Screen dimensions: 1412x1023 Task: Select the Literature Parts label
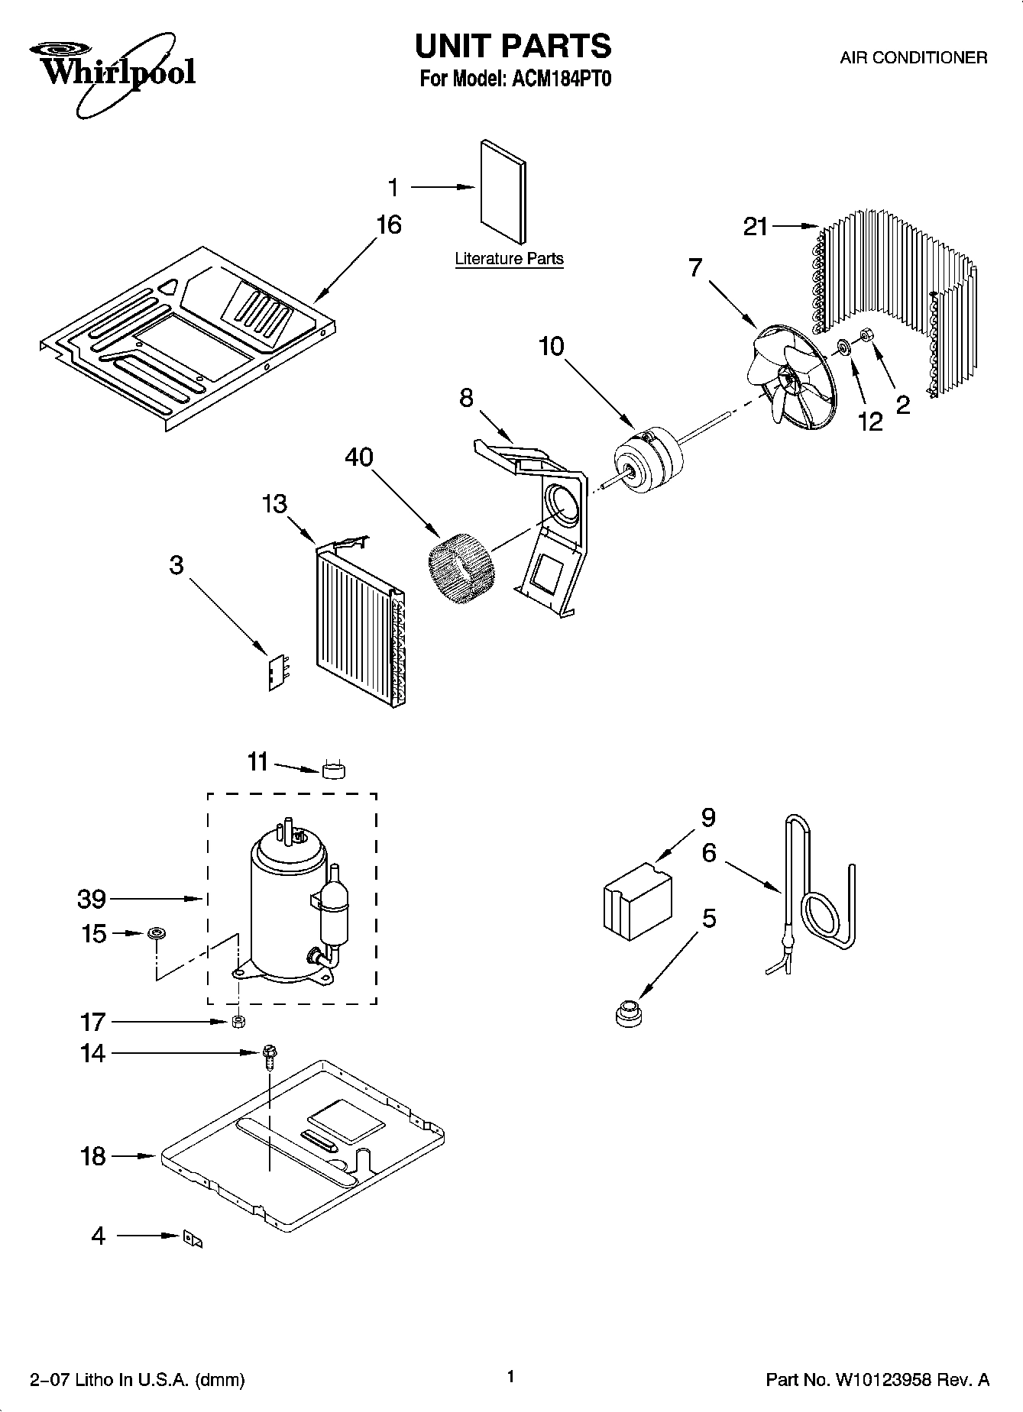tap(509, 259)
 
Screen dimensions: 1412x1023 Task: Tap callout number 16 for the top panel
tap(388, 225)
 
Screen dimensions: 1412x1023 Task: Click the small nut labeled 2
tap(867, 335)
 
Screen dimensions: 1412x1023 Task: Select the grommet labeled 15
tap(157, 933)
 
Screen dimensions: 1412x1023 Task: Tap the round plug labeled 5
tap(627, 1013)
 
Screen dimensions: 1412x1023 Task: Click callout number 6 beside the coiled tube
tap(708, 852)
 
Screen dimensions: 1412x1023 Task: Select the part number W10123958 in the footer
tap(885, 1380)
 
